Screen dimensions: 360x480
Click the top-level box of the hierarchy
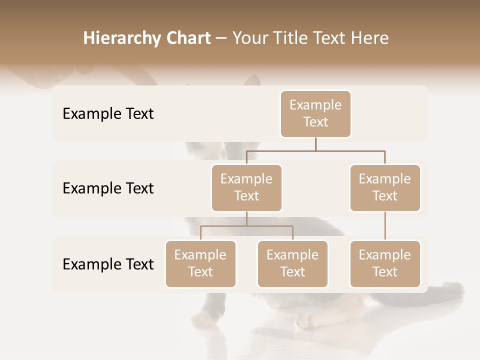pyautogui.click(x=315, y=113)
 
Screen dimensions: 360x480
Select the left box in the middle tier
pyautogui.click(x=246, y=187)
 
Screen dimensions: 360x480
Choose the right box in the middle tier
pyautogui.click(x=385, y=187)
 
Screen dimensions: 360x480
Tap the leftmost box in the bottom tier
pyautogui.click(x=200, y=263)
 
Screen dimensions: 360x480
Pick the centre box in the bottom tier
pyautogui.click(x=292, y=263)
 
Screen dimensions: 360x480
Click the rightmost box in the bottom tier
pyautogui.click(x=385, y=263)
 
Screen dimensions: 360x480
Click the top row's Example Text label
pyautogui.click(x=108, y=113)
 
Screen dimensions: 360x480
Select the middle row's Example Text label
pyautogui.click(x=108, y=188)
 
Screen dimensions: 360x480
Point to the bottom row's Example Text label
pyautogui.click(x=108, y=264)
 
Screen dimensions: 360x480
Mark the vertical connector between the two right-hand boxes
pyautogui.click(x=385, y=226)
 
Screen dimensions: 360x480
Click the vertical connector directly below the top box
pyautogui.click(x=315, y=144)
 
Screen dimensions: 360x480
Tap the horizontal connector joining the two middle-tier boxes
pyautogui.click(x=315, y=150)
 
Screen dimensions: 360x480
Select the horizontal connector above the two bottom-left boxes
pyautogui.click(x=246, y=226)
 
